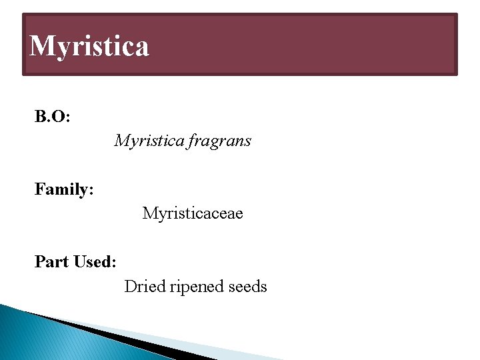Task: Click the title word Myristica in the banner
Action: coord(90,46)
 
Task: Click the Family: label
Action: coord(64,190)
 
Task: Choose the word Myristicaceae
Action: coord(193,213)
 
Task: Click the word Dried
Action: coord(145,287)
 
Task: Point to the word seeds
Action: coord(247,287)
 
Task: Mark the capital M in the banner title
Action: coord(43,45)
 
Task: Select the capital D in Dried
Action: coord(131,287)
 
